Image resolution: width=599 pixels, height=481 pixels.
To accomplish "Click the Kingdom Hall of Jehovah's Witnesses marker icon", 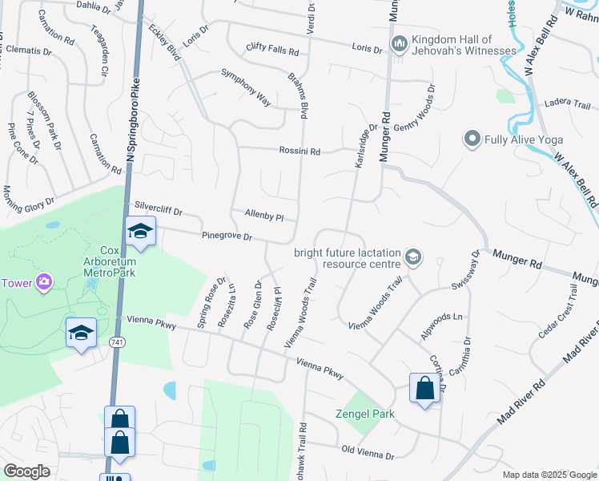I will click(x=398, y=42).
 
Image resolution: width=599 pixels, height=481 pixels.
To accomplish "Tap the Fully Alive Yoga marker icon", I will click(x=472, y=139).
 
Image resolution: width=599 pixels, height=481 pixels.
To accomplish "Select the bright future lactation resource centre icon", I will click(x=414, y=257).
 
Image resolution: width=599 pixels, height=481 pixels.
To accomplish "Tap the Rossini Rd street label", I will click(x=299, y=151).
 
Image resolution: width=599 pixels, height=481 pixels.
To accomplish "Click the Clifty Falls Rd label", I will click(x=272, y=50).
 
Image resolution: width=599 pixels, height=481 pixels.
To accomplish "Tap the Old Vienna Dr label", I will click(x=368, y=455).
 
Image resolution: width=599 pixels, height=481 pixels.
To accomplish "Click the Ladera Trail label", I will click(x=567, y=105).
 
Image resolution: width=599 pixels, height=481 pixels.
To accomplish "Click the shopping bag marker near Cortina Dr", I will click(x=424, y=388).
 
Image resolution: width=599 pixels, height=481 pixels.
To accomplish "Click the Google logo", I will click(x=26, y=471).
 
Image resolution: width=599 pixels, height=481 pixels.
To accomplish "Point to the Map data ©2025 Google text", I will click(x=549, y=475).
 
